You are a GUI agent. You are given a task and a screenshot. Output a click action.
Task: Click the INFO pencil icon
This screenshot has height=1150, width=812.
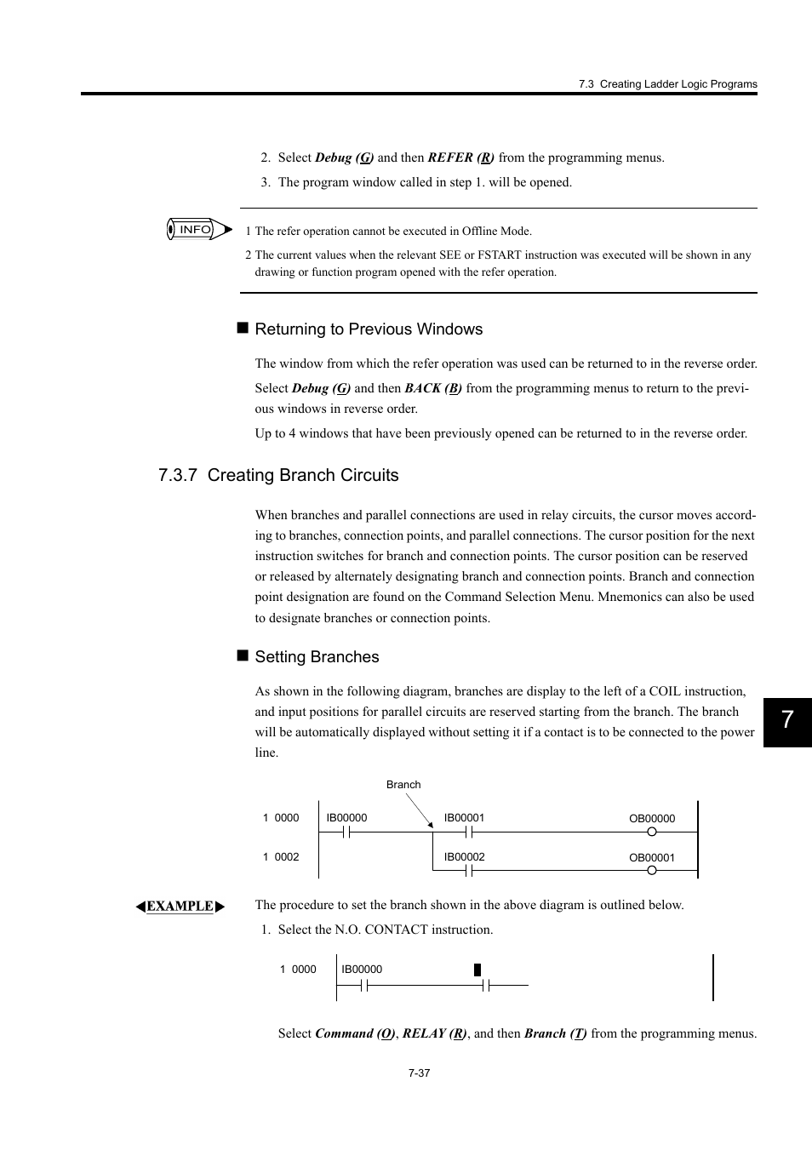point(198,230)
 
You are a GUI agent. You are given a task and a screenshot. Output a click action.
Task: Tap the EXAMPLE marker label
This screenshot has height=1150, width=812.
point(180,907)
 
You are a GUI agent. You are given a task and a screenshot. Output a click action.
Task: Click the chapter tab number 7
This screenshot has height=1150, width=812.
point(787,720)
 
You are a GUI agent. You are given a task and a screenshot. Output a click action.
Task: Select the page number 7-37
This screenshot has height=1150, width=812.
point(419,1073)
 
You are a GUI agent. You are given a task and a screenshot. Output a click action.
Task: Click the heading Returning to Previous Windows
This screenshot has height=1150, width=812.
point(369,329)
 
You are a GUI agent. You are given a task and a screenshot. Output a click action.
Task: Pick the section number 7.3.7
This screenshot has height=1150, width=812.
point(178,475)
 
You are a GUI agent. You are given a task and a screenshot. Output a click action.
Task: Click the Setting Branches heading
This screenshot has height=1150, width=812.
point(317,657)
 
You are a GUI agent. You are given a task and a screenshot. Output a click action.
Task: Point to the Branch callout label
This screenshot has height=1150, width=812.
point(403,785)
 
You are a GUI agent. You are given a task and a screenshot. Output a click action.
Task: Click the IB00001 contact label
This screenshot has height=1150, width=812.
point(464,818)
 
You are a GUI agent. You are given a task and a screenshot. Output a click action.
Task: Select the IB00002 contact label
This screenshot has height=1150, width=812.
point(464,857)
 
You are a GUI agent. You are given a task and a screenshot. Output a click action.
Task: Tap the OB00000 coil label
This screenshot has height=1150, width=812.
point(652,819)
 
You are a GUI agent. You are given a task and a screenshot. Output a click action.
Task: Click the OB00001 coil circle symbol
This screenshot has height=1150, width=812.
point(652,871)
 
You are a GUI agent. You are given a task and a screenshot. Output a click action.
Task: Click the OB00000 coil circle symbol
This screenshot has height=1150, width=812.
point(652,832)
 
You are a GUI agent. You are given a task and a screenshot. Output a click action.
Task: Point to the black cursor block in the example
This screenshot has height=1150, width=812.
point(477,970)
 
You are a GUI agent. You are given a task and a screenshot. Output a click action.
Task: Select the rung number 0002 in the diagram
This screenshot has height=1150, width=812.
point(287,857)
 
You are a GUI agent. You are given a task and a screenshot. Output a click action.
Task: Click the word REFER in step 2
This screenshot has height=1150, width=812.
point(450,157)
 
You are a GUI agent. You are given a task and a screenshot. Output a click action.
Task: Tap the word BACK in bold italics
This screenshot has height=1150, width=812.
point(422,388)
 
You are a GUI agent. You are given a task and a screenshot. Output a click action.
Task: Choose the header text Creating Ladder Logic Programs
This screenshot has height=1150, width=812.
point(678,84)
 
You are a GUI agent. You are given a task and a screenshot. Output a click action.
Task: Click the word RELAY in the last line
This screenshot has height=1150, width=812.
point(423,1033)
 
